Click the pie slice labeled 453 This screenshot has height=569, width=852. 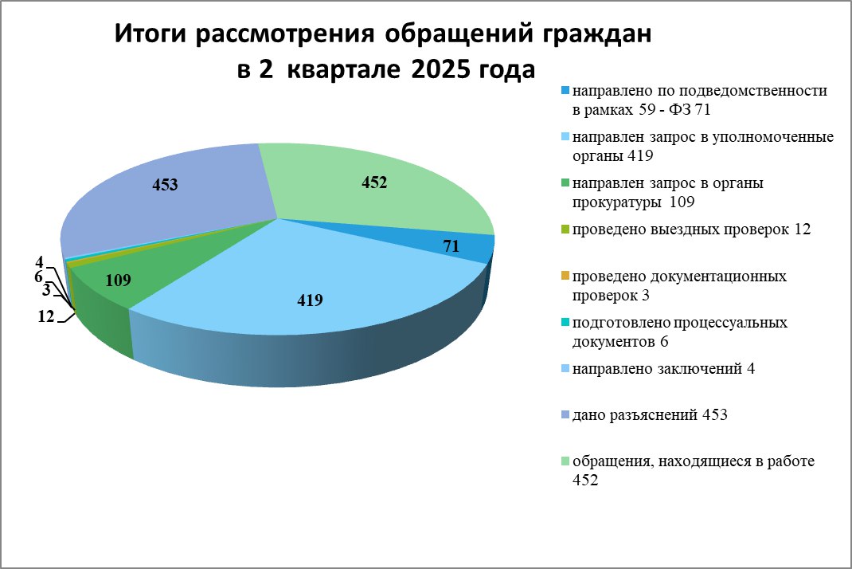click(x=163, y=202)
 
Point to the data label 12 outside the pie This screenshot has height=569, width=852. click(x=46, y=316)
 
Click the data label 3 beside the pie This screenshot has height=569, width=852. click(x=47, y=291)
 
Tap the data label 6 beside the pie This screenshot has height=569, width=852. click(x=38, y=277)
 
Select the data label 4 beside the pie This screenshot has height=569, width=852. click(x=39, y=262)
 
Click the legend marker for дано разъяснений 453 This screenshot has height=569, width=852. click(x=565, y=415)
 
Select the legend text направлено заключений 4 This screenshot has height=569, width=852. click(x=663, y=369)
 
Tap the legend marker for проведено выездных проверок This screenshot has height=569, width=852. click(x=565, y=230)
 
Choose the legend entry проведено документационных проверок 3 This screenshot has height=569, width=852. click(x=679, y=285)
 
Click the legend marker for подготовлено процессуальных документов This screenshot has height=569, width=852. click(x=565, y=323)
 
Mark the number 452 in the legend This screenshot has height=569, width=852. click(x=585, y=480)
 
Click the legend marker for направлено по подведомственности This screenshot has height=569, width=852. click(x=565, y=90)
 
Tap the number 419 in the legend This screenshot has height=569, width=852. click(x=640, y=155)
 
